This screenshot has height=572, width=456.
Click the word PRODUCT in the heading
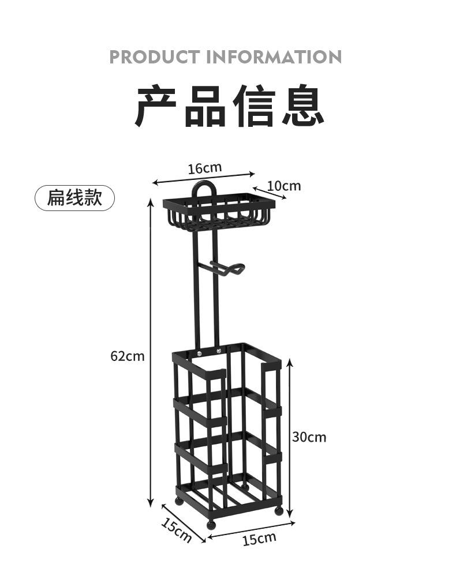(155, 57)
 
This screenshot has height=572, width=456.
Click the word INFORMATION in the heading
(274, 57)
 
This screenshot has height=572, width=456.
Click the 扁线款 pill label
(75, 198)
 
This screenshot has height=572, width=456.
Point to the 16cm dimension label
(204, 168)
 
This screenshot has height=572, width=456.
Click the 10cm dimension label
(284, 186)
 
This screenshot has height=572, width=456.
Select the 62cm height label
(128, 356)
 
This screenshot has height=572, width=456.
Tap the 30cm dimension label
(309, 436)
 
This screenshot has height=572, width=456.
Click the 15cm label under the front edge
(259, 539)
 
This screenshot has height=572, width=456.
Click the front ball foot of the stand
(211, 525)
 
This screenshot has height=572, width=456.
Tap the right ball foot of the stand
(279, 510)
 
